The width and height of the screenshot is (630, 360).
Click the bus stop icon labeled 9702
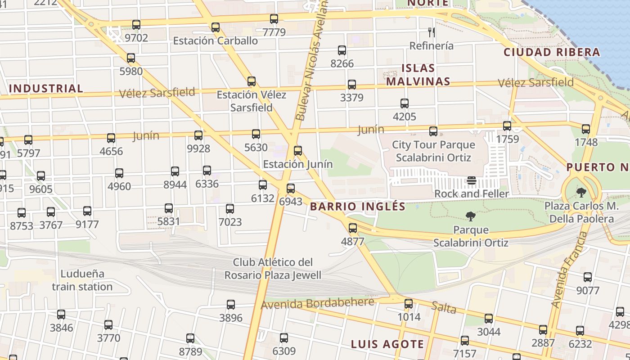136,25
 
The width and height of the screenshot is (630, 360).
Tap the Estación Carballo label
216,40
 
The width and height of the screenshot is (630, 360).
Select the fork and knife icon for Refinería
432,32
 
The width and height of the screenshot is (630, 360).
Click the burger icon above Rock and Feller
471,180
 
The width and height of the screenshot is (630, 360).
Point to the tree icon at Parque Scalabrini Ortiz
471,216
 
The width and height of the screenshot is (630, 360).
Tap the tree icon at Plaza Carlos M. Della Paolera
581,193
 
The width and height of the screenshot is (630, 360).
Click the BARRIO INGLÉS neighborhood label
358,207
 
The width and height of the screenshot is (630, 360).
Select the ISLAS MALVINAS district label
418,75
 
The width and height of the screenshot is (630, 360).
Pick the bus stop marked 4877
353,228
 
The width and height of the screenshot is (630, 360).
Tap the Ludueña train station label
82,280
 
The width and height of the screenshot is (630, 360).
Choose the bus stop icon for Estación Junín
297,151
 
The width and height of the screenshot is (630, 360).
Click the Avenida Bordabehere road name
317,303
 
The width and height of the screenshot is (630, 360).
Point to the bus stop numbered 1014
409,304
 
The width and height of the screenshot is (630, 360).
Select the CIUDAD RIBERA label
552,52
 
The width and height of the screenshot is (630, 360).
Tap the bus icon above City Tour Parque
433,131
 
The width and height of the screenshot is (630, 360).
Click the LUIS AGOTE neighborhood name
387,344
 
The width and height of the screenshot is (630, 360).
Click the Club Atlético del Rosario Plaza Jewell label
273,269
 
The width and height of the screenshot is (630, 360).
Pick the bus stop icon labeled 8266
342,50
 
